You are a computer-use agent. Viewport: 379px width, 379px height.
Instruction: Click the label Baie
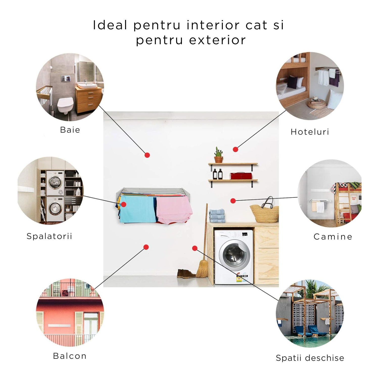pyautogui.click(x=70, y=130)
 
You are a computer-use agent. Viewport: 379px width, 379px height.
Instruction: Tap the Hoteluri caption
pyautogui.click(x=310, y=132)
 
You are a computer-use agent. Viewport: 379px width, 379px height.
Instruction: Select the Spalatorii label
pyautogui.click(x=50, y=236)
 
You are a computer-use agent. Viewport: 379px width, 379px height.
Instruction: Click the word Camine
pyautogui.click(x=333, y=237)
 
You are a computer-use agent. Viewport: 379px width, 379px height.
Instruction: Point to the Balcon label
pyautogui.click(x=70, y=356)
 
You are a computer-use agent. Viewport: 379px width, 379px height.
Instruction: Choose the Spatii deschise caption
pyautogui.click(x=310, y=358)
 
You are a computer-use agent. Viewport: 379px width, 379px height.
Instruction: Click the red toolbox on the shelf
pyautogui.click(x=241, y=176)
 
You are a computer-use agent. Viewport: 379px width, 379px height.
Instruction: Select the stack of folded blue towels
pyautogui.click(x=217, y=216)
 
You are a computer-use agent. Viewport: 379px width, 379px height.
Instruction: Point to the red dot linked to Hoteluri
pyautogui.click(x=235, y=149)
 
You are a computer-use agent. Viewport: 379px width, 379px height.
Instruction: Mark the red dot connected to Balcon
pyautogui.click(x=146, y=247)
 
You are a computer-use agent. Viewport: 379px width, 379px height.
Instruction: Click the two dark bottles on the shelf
pyautogui.click(x=218, y=174)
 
